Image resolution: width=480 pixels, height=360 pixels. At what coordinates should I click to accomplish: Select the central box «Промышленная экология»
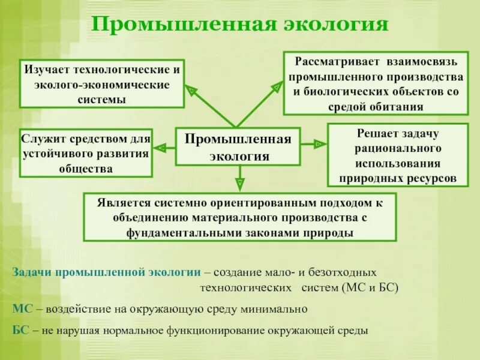click(238, 147)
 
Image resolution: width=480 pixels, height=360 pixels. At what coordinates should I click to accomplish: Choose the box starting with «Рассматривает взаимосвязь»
click(376, 84)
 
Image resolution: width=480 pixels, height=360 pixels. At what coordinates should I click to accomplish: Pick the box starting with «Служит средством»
click(86, 153)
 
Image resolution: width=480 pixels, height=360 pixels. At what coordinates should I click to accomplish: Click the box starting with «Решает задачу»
click(398, 155)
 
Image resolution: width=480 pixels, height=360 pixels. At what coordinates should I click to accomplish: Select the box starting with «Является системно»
click(239, 217)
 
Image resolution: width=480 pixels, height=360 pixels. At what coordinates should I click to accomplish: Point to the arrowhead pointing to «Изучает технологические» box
click(191, 91)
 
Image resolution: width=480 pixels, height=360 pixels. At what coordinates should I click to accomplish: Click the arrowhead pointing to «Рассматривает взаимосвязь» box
click(277, 88)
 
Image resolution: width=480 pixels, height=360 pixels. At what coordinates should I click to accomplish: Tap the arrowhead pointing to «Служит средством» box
click(160, 146)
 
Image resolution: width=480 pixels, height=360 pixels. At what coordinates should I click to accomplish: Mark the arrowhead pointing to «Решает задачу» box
click(319, 144)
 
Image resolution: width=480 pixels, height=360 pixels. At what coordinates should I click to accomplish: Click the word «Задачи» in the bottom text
click(32, 272)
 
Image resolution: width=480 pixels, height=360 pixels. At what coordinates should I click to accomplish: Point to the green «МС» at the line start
click(21, 309)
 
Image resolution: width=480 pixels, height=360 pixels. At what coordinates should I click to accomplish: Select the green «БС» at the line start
click(20, 330)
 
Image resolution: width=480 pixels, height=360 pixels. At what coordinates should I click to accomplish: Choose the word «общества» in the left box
click(86, 169)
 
